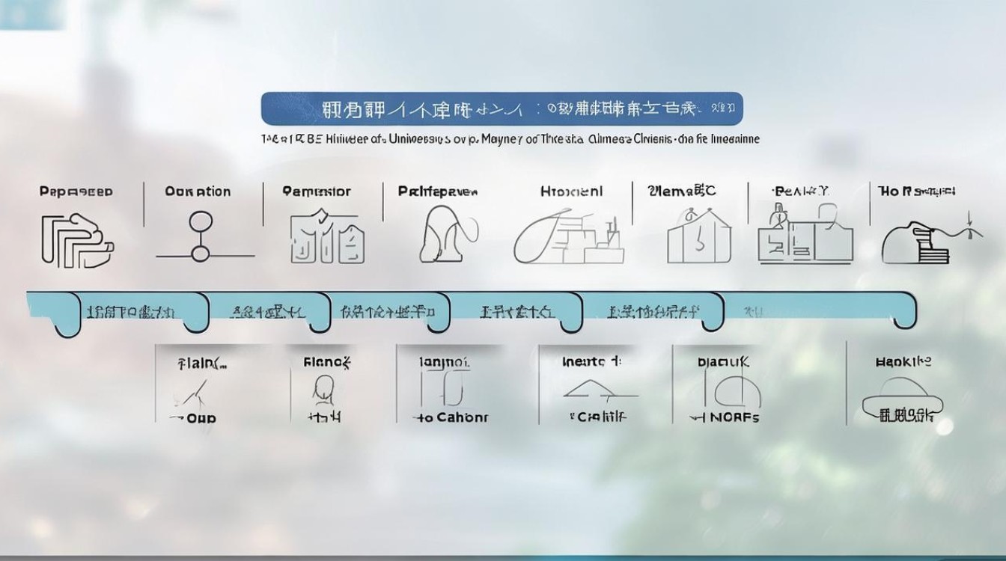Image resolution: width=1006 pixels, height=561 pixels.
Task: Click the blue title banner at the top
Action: [502, 108]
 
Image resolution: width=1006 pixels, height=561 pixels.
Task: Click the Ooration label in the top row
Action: [198, 191]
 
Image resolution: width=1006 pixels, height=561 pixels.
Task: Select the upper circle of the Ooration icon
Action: [201, 221]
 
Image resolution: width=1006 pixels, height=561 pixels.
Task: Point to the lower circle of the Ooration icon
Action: [200, 254]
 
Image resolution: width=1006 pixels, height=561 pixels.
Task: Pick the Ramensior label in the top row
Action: [317, 191]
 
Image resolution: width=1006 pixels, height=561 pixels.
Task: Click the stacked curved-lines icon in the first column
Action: [77, 240]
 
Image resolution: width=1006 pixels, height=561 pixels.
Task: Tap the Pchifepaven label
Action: [438, 191]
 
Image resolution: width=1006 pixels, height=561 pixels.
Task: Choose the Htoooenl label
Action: [571, 191]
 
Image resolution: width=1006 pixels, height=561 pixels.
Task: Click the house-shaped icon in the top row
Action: [698, 238]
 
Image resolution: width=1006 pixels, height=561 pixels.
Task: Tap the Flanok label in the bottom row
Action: [327, 363]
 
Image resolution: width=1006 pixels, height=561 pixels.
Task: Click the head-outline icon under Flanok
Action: [323, 390]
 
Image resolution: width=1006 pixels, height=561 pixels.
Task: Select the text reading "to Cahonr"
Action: [451, 417]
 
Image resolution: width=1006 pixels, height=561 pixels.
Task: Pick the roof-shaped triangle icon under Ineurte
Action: [599, 389]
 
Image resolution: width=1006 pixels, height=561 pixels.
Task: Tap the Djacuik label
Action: [723, 363]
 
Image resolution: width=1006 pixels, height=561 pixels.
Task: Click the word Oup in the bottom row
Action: [201, 418]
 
